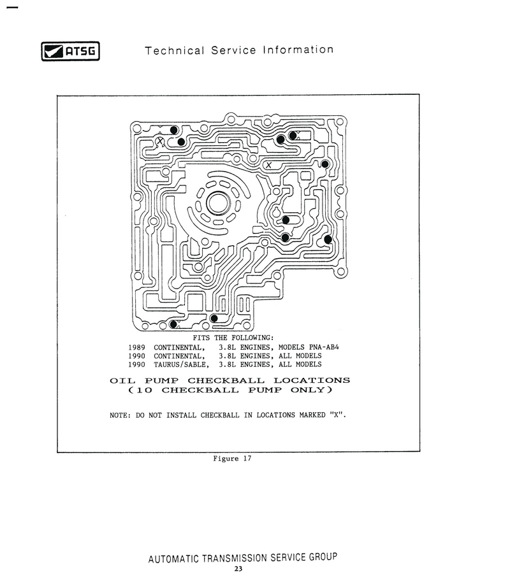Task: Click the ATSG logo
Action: [x=71, y=51]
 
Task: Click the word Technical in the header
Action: [x=175, y=50]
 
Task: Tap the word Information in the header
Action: [x=298, y=50]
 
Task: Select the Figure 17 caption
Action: [x=232, y=458]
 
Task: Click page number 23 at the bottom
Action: [x=238, y=569]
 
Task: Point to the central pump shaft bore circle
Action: [x=218, y=203]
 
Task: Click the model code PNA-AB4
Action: [x=324, y=347]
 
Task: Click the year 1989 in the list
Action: [x=136, y=348]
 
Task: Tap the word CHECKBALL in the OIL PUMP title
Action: [x=226, y=380]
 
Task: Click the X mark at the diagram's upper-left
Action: [x=160, y=141]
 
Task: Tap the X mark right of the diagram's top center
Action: [x=268, y=165]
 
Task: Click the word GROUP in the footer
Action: [x=323, y=557]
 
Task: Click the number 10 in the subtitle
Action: [x=145, y=391]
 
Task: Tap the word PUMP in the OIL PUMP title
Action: [x=162, y=380]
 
